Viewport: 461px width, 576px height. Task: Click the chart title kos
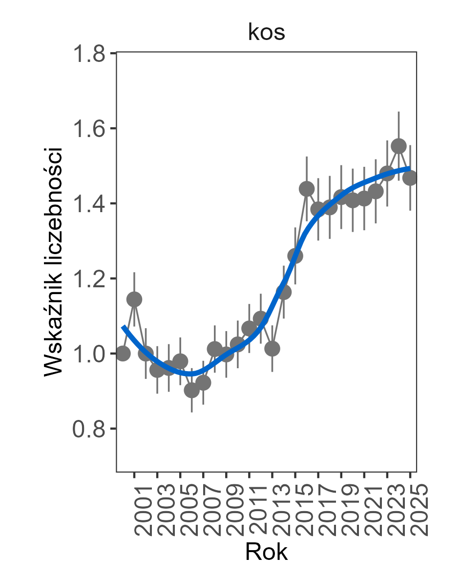point(266,33)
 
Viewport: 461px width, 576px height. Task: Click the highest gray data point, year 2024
point(398,146)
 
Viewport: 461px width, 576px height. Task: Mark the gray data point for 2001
point(134,299)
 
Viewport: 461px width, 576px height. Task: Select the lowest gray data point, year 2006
point(192,390)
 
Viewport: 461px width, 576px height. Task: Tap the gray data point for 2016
point(307,189)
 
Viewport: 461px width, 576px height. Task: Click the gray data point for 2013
point(272,348)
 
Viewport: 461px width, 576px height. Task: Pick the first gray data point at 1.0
point(123,353)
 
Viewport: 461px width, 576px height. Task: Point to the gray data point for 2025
point(410,178)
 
